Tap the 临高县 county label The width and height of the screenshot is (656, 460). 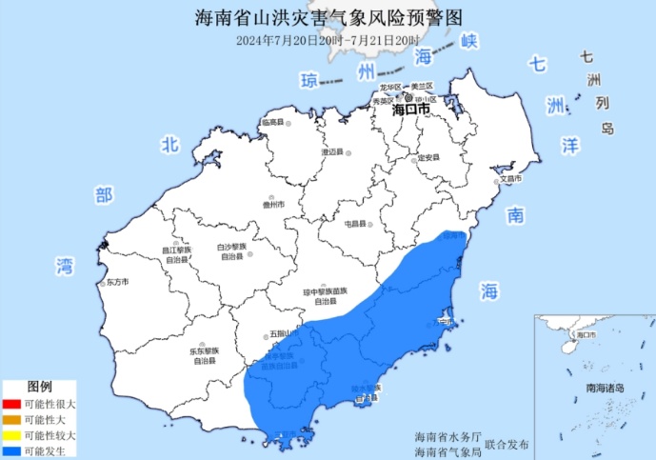pos(273,123)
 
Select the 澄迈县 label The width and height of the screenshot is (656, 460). pos(331,152)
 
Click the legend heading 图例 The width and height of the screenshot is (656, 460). pos(39,388)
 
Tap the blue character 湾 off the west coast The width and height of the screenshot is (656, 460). pos(66,265)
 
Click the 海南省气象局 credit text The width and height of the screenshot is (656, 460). pos(441,450)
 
